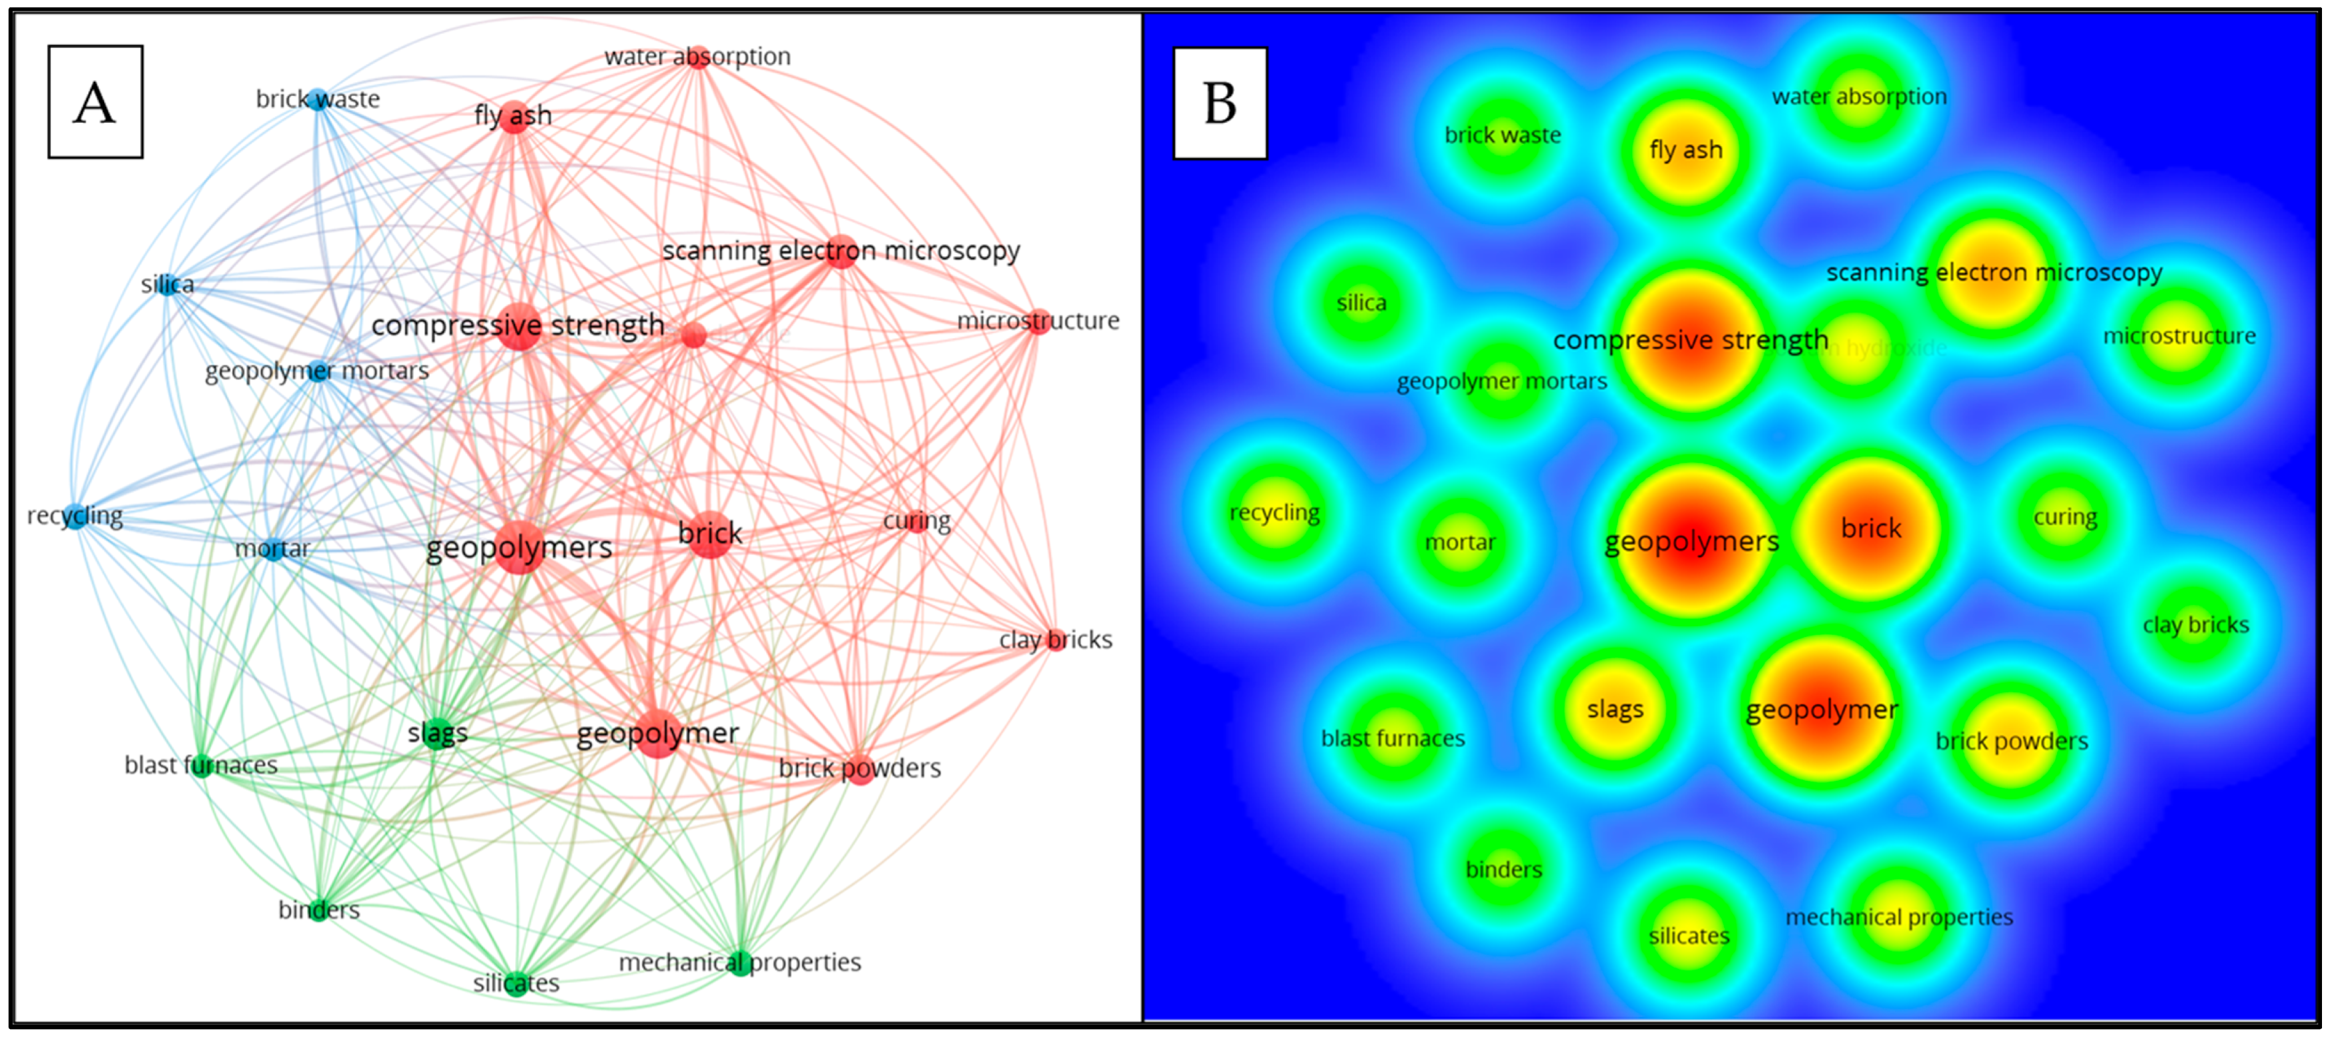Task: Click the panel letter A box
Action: [95, 102]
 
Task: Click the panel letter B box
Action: [1219, 103]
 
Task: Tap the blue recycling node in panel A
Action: [76, 516]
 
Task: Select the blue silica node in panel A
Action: [167, 285]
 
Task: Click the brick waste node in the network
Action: [316, 99]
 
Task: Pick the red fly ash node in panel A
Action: [514, 117]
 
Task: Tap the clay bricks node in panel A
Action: [1055, 640]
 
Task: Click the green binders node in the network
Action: [318, 910]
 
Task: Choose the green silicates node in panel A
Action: [516, 984]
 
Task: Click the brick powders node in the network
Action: [859, 770]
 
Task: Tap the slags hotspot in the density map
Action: [1615, 710]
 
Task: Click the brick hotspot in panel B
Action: [1870, 529]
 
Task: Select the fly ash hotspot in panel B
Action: [1685, 151]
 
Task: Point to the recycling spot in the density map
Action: [1274, 513]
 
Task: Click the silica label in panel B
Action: [1361, 303]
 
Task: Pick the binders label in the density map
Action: [1503, 870]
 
